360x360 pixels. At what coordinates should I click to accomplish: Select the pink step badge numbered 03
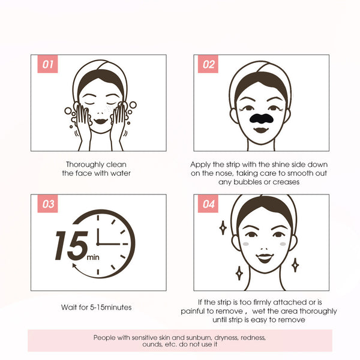pyautogui.click(x=47, y=204)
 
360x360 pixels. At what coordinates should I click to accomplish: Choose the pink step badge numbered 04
pyautogui.click(x=208, y=204)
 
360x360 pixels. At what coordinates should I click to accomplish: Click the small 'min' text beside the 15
pyautogui.click(x=92, y=257)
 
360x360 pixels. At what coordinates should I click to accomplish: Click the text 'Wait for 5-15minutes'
pyautogui.click(x=97, y=307)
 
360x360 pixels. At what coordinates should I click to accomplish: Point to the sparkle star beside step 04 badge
pyautogui.click(x=223, y=228)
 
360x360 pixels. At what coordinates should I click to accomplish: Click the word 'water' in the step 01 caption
pyautogui.click(x=119, y=173)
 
